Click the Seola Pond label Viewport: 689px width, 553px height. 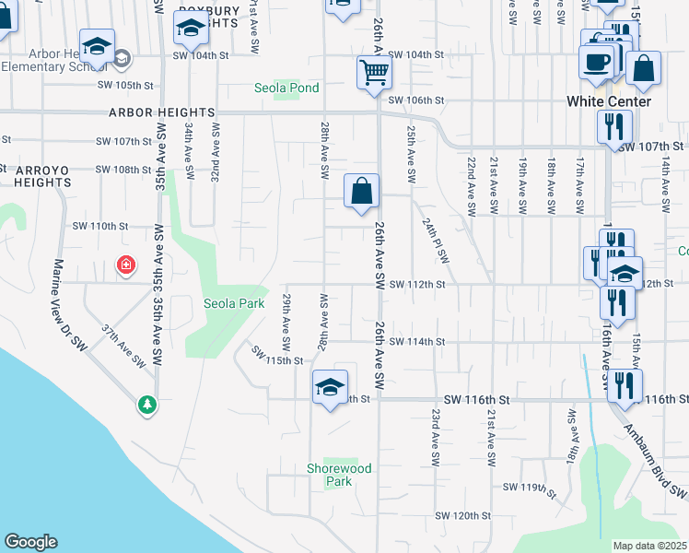(287, 88)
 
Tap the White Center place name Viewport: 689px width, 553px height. (609, 101)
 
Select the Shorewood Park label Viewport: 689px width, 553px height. (340, 475)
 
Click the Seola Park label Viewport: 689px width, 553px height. (234, 303)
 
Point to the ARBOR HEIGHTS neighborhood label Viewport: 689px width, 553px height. (161, 112)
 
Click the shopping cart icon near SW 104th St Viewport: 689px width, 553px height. (374, 72)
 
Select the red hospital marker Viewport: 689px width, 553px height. (125, 266)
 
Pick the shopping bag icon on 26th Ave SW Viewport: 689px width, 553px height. (363, 191)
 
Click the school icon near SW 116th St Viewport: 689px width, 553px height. (329, 387)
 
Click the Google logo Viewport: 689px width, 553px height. (30, 542)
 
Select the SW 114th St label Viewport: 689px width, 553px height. (416, 342)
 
